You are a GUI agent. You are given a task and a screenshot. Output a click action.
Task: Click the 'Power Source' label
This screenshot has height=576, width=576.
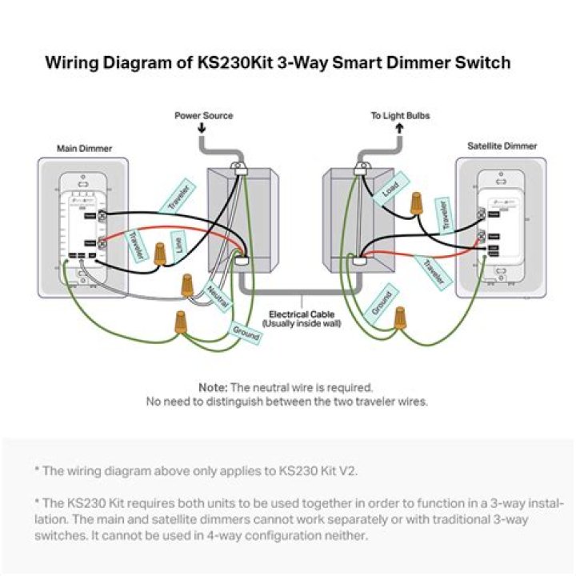204,116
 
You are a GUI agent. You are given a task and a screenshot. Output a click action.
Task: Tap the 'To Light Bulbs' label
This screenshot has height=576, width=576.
400,116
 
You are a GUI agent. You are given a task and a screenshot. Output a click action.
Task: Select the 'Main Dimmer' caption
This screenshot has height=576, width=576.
84,148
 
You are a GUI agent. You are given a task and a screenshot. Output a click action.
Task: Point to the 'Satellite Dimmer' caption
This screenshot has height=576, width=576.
502,146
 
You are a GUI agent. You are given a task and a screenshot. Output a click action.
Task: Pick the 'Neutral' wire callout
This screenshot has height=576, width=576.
218,296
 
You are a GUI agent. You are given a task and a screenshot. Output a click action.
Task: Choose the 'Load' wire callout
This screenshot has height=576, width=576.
390,190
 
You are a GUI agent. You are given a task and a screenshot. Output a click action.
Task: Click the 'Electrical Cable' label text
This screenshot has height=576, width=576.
302,314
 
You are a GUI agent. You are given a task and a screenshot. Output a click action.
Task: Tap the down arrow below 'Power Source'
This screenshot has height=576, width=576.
200,130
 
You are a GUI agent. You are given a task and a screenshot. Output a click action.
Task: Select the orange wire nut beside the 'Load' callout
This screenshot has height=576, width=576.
416,203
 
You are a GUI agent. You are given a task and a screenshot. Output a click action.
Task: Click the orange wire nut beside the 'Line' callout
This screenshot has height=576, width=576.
160,254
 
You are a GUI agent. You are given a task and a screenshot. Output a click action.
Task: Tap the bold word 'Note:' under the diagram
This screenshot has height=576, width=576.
214,386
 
